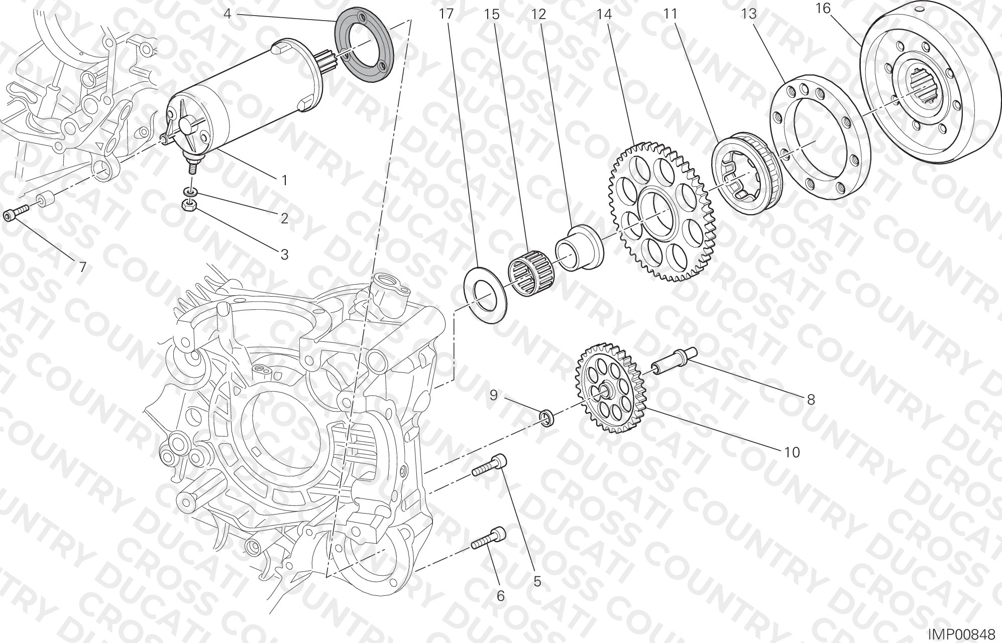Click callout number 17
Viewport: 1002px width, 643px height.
446,14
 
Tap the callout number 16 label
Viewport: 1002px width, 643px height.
823,9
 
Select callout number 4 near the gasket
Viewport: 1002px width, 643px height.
227,14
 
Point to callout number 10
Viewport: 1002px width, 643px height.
792,452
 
